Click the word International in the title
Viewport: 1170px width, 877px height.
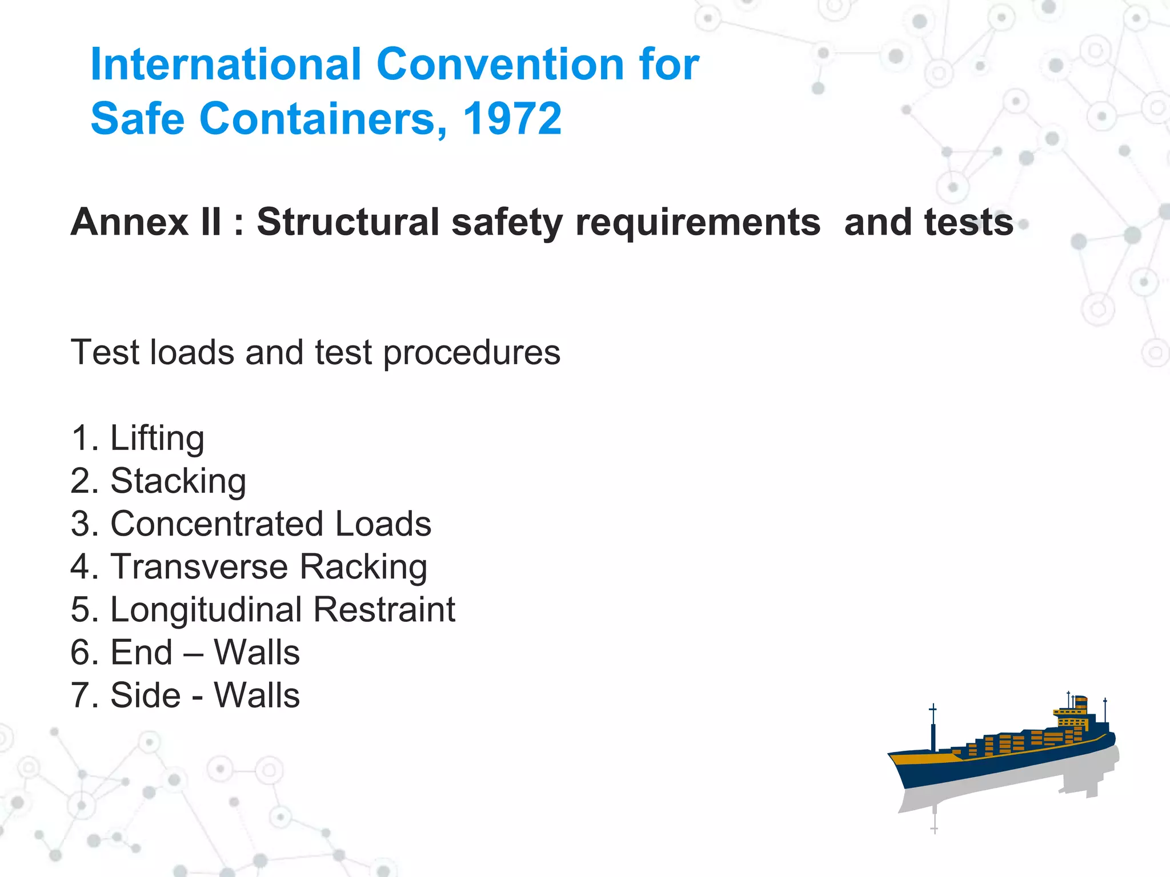226,64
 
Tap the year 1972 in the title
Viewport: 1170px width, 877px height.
512,119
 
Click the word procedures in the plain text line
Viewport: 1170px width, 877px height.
471,353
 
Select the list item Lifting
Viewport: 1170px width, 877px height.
157,438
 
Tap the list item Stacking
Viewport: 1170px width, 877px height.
178,481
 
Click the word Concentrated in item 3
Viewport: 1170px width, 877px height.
217,524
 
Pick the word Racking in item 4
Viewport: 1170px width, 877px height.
363,567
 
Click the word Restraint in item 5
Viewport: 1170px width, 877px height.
384,610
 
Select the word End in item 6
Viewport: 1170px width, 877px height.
141,653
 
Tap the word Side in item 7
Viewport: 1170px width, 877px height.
145,695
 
